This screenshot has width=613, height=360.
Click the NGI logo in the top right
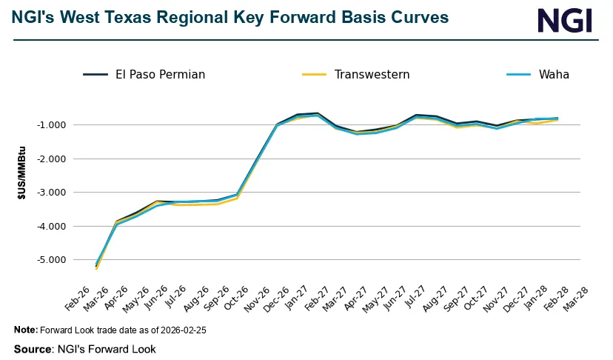click(565, 20)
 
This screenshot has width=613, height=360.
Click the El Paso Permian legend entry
click(144, 74)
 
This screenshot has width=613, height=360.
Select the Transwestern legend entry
click(356, 74)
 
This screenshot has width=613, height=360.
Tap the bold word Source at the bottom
click(33, 349)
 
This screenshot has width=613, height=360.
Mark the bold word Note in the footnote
click(26, 330)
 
